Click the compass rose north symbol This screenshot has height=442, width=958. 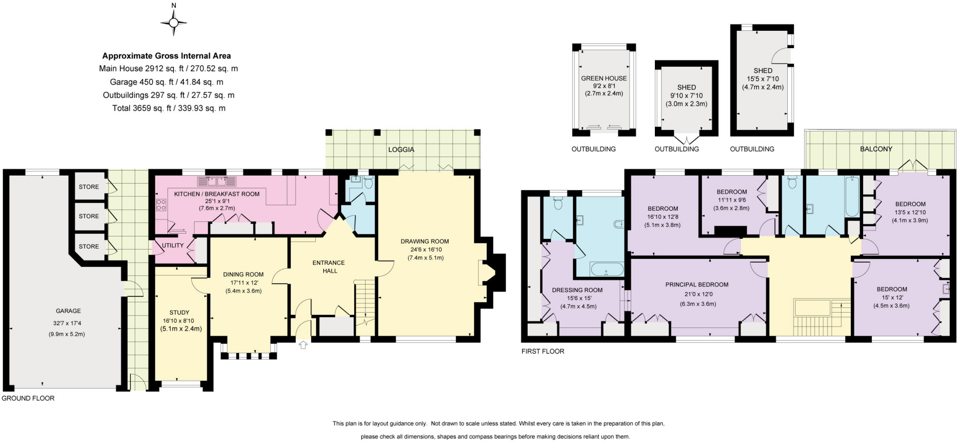174,21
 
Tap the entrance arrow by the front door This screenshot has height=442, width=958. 303,345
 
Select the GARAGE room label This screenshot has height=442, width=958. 68,311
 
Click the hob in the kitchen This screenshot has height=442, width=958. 161,205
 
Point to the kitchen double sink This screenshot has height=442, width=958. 217,181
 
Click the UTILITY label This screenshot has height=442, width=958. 173,245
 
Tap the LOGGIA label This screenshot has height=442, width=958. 401,150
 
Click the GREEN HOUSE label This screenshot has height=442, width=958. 603,78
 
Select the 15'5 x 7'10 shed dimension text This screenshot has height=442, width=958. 762,79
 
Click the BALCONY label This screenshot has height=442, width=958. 876,149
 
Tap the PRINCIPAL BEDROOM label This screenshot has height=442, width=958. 697,285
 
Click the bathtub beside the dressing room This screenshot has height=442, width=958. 607,270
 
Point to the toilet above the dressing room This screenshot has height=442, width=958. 558,203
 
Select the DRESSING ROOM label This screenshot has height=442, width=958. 577,290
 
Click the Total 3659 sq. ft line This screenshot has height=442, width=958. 168,108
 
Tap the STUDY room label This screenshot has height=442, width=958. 179,313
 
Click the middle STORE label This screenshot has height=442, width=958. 89,216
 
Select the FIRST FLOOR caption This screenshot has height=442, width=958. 543,351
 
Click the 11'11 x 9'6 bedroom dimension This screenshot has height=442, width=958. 731,200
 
